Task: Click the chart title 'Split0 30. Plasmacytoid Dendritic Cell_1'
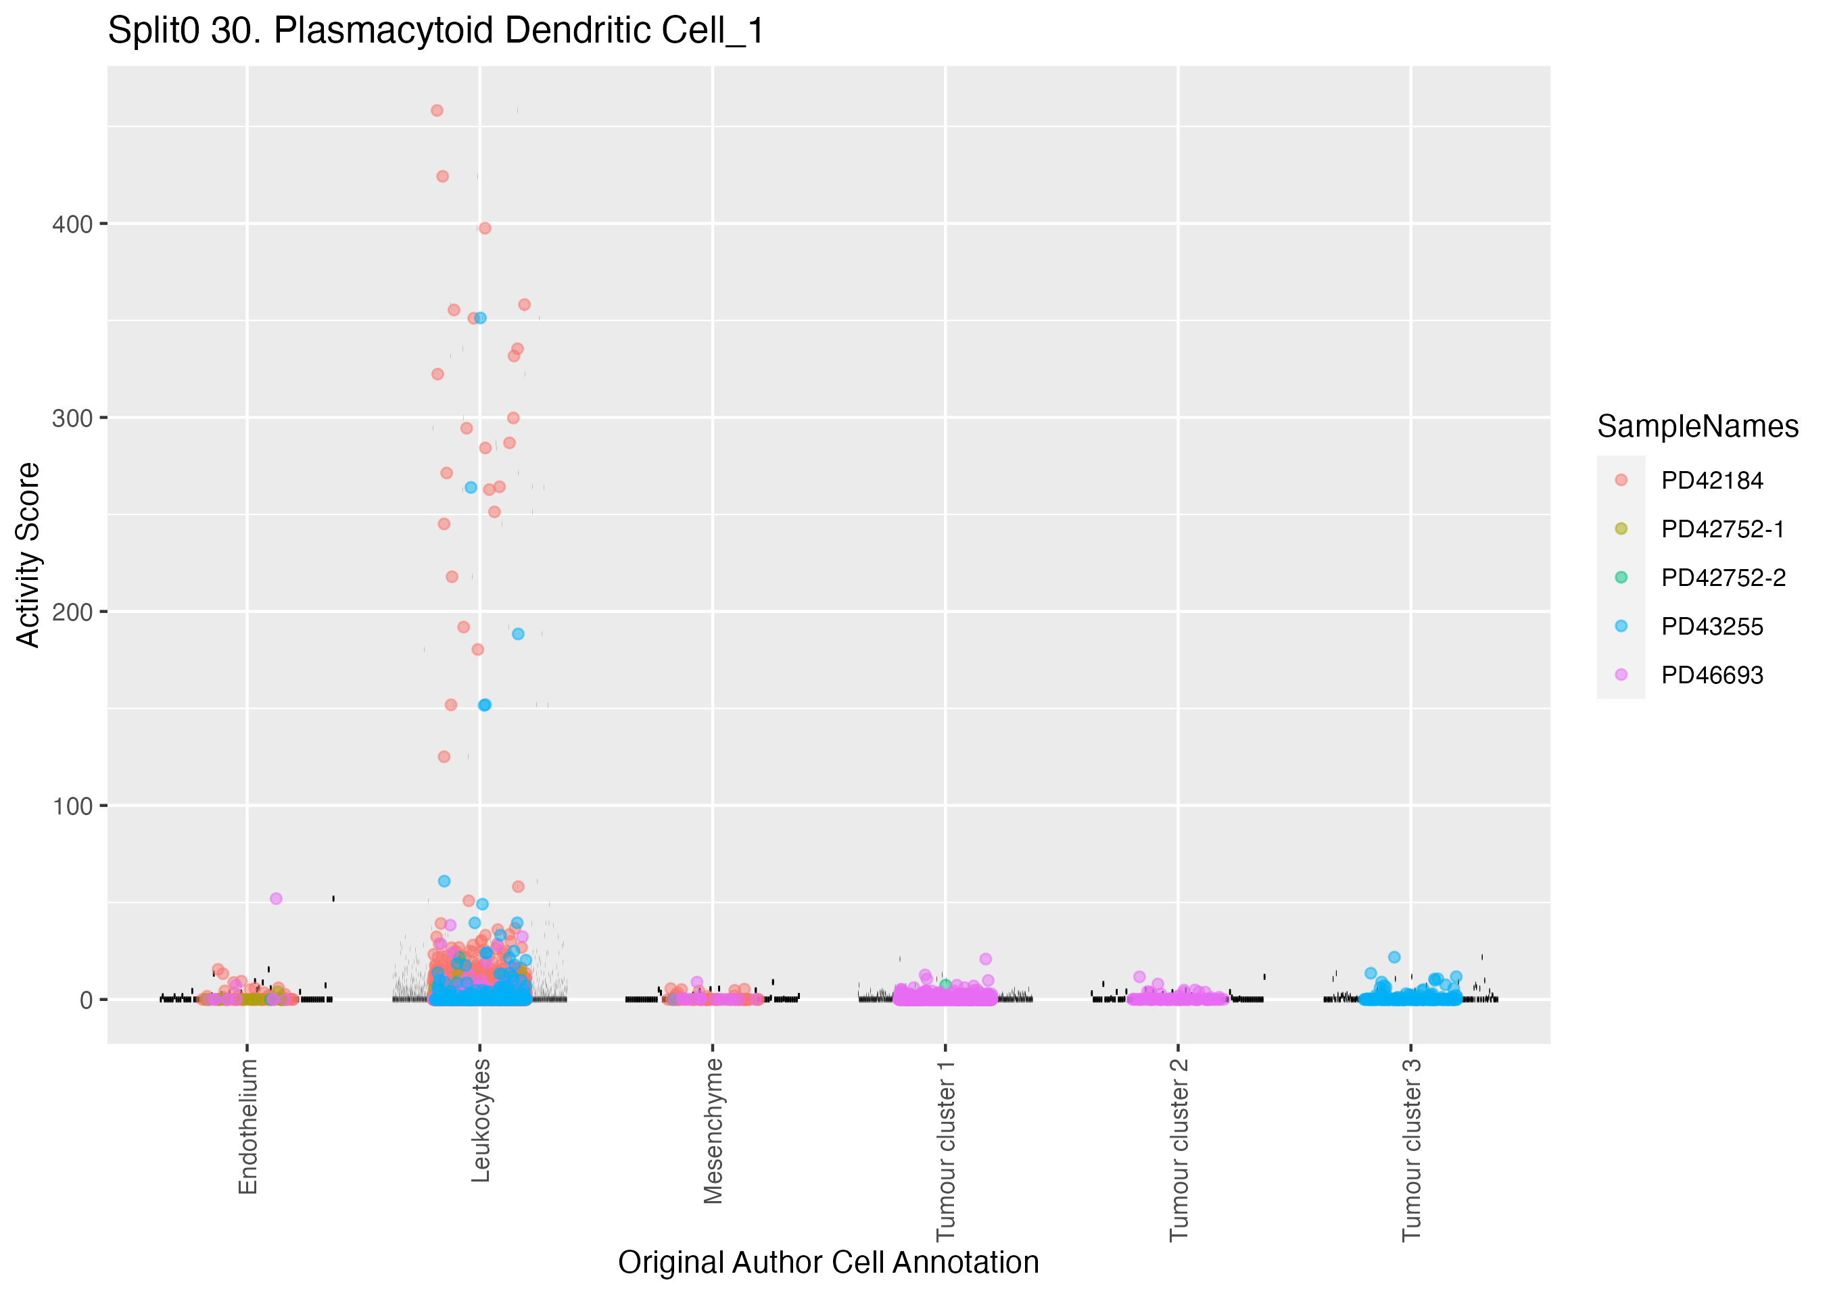435,32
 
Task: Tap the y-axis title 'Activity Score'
28,555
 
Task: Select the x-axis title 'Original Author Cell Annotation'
828,1263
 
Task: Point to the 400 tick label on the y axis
72,224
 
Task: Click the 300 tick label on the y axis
72,418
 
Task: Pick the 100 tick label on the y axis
72,806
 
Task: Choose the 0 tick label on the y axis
86,1000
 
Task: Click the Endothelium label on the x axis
248,1126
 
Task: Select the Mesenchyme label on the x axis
713,1131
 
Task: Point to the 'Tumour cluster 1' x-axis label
946,1150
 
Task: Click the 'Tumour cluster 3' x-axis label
1412,1150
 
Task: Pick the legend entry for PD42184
1711,481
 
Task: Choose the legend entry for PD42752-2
1723,578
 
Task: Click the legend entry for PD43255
1711,627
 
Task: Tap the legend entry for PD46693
1711,675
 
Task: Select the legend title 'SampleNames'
1697,426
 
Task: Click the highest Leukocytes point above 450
437,111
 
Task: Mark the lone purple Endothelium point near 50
276,899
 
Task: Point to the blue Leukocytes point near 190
517,634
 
